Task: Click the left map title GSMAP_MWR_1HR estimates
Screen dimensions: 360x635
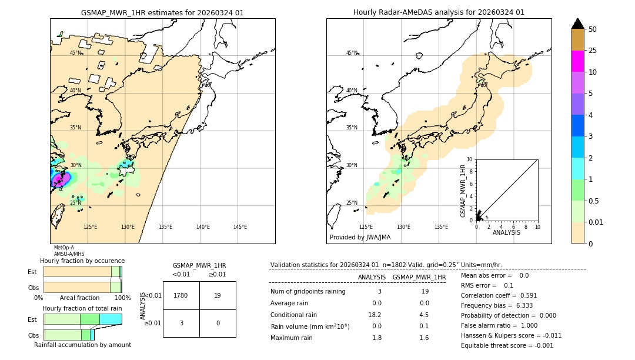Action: point(162,12)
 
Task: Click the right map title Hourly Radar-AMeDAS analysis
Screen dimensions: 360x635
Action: point(439,12)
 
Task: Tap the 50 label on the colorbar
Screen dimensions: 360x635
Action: point(593,29)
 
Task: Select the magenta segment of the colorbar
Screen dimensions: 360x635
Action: point(578,61)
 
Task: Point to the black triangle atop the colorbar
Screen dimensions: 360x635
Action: point(578,24)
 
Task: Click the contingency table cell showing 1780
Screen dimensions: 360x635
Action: point(181,295)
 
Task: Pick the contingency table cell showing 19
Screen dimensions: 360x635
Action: point(218,295)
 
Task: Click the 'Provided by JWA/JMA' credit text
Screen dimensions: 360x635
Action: point(360,237)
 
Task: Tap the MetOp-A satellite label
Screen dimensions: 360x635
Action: point(64,248)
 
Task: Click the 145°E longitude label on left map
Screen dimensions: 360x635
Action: point(240,227)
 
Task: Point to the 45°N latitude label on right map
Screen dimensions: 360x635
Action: point(352,53)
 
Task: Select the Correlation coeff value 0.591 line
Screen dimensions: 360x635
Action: point(499,295)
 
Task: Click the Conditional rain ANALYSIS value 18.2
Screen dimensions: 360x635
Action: point(376,314)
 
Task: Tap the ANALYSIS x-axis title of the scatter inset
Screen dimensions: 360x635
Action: point(506,232)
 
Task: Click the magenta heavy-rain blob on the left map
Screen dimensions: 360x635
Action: point(59,179)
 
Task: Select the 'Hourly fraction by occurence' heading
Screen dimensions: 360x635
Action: point(82,261)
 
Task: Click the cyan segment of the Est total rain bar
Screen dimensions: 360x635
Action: point(111,319)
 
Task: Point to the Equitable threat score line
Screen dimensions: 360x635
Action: point(507,345)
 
